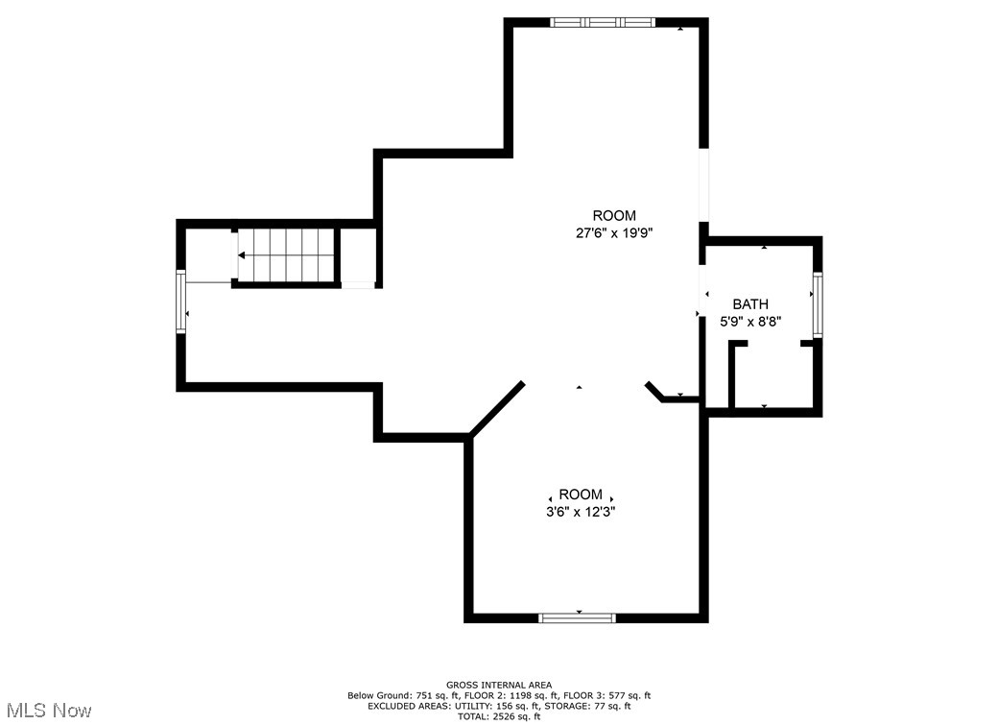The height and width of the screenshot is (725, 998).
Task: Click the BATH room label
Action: pos(750,304)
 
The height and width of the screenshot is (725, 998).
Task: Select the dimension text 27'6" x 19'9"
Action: pos(613,232)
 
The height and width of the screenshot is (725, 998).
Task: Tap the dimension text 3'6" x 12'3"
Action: pos(582,512)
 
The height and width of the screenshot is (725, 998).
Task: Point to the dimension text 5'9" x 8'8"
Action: pos(750,322)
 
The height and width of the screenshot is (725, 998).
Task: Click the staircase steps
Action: pos(285,255)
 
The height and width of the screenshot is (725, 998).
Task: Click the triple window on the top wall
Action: pos(603,21)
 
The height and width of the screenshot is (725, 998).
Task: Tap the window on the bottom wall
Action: pos(578,617)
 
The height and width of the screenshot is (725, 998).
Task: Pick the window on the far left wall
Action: pos(180,302)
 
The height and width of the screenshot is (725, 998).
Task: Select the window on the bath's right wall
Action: pos(818,304)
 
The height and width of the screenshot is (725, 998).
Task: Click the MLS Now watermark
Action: pos(47,711)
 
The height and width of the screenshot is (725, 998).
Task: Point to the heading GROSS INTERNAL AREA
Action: pos(499,685)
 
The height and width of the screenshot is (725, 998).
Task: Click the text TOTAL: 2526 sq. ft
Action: pos(499,716)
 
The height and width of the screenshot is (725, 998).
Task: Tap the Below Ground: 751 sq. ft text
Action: pos(394,695)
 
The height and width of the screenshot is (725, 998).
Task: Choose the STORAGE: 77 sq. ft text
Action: pos(594,706)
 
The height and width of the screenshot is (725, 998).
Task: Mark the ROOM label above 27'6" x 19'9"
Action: pos(613,216)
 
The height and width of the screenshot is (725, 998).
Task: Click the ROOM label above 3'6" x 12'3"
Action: pos(582,495)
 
